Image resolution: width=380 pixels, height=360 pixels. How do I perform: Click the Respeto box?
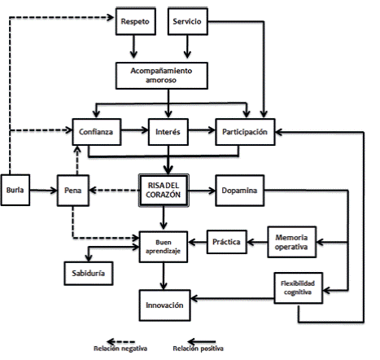tap(136, 21)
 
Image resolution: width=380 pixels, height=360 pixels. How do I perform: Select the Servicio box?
tap(188, 21)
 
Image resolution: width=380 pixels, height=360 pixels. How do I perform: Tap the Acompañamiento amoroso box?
tap(162, 76)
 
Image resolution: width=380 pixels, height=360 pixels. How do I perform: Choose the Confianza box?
tap(97, 132)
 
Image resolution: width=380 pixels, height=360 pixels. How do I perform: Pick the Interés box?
tap(168, 132)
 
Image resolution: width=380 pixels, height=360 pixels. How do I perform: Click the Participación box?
tap(245, 132)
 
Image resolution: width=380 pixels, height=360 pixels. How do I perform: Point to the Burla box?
tap(15, 190)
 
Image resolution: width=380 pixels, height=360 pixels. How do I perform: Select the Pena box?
tap(73, 191)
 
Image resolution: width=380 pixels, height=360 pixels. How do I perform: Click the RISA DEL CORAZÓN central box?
tap(164, 191)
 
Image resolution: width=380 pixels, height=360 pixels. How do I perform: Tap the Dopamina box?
tap(240, 191)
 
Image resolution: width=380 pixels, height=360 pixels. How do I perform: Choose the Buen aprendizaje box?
tap(164, 247)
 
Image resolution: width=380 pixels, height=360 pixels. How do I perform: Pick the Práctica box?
tap(227, 242)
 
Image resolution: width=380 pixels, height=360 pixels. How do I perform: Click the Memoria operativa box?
tap(292, 242)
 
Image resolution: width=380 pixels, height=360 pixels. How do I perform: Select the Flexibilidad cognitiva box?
tap(299, 288)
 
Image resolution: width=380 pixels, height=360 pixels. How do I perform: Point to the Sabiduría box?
tap(89, 274)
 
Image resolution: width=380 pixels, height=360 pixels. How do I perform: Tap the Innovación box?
tap(164, 305)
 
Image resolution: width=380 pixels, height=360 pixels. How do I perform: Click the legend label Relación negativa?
tap(120, 349)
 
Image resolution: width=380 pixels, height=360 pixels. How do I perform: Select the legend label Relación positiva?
tap(199, 349)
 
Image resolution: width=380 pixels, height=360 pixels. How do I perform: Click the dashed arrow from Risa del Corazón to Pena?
tap(114, 191)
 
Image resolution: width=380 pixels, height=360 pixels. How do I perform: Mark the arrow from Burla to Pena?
tap(43, 191)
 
